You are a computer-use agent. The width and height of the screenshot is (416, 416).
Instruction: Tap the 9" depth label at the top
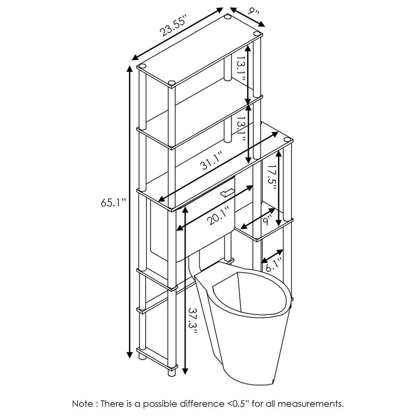point(253,11)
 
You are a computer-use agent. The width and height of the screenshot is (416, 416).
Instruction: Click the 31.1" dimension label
point(212,162)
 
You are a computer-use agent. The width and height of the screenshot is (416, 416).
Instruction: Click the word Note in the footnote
point(82,404)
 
